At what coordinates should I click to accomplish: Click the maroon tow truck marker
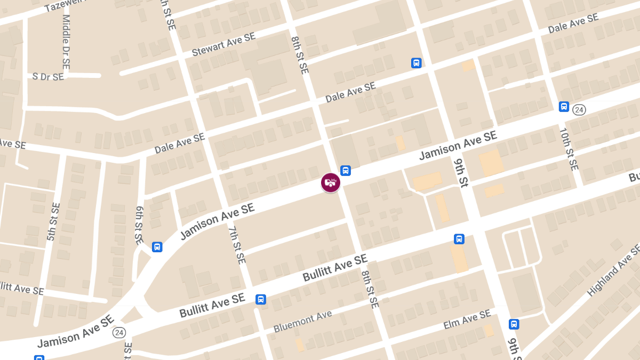[x=331, y=182]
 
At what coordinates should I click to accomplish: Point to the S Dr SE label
[x=48, y=76]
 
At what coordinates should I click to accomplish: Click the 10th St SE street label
[x=569, y=149]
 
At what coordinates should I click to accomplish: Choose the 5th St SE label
[x=53, y=221]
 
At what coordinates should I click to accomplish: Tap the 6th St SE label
[x=139, y=226]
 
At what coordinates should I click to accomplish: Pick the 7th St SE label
[x=236, y=245]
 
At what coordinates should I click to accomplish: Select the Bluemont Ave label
[x=302, y=322]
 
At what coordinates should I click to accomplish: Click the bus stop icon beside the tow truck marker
[x=346, y=171]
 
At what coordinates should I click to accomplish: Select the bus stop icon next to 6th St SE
[x=157, y=247]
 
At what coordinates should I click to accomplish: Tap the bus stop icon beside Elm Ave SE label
[x=514, y=324]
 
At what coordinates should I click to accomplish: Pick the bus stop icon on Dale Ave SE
[x=417, y=63]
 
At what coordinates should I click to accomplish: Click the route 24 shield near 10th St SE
[x=579, y=110]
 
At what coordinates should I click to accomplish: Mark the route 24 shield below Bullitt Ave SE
[x=119, y=332]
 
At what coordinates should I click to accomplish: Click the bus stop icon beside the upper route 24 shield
[x=564, y=107]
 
